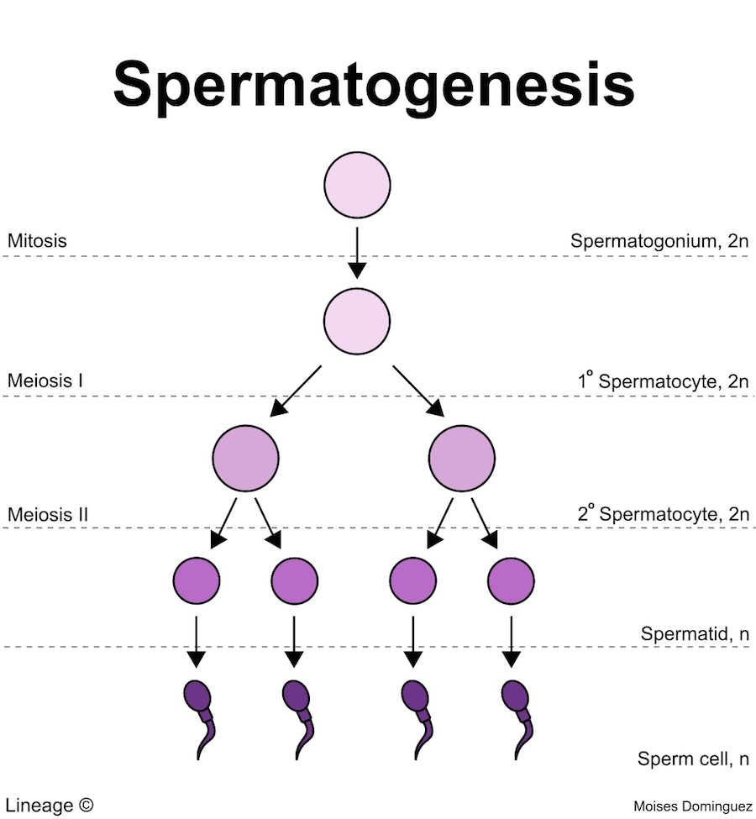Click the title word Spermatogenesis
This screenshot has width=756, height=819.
point(373,84)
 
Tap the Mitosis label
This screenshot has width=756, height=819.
point(37,241)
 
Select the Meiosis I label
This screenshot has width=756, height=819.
point(45,381)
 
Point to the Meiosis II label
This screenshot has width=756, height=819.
point(48,513)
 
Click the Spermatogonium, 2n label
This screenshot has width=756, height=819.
point(659,241)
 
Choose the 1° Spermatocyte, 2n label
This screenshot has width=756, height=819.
point(662,381)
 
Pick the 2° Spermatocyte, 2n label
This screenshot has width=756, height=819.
point(662,513)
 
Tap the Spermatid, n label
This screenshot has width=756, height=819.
point(695,633)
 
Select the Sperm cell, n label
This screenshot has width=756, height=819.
point(693,759)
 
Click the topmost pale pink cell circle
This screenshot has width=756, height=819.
point(357,185)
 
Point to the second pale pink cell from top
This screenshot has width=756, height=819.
point(357,320)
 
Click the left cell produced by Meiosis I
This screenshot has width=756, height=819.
point(245,459)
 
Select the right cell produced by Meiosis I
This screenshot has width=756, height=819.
point(461,459)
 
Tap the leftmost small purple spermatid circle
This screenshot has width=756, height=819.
point(196,579)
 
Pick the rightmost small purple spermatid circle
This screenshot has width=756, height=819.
point(511,579)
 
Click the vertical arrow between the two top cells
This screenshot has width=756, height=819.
point(357,252)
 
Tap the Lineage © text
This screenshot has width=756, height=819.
point(50,804)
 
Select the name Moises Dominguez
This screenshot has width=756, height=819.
point(693,806)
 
